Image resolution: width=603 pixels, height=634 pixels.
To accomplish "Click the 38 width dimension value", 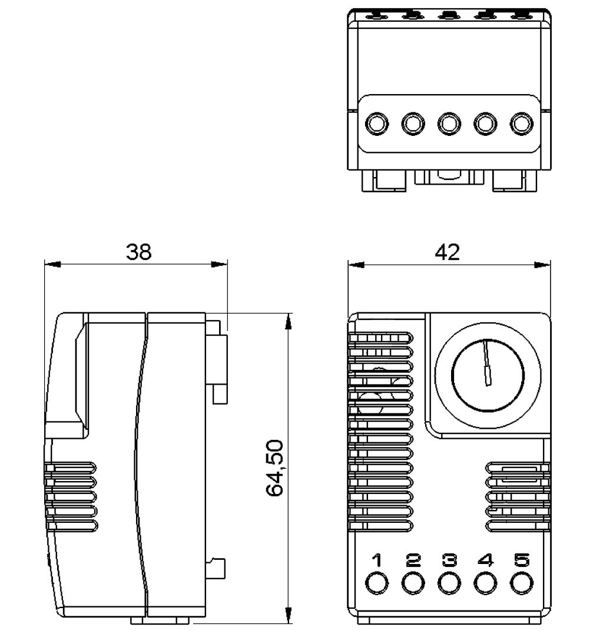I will pos(138,252).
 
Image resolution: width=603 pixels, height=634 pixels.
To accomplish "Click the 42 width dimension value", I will pos(447,252).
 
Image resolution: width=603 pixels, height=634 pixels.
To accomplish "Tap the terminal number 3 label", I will pos(449,560).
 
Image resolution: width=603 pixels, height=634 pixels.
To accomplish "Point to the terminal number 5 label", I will pos(521,560).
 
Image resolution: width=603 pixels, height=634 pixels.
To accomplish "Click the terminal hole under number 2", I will pos(413,583).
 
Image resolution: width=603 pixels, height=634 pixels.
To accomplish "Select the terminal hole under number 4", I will pos(485,583).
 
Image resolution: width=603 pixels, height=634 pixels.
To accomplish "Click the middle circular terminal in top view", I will pos(449,124).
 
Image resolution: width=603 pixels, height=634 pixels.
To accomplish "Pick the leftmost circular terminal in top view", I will pos(377,124).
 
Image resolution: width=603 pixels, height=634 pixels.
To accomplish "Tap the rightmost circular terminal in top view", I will pos(521,124).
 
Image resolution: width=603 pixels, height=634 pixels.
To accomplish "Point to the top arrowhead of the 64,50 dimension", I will pos(288,320).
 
